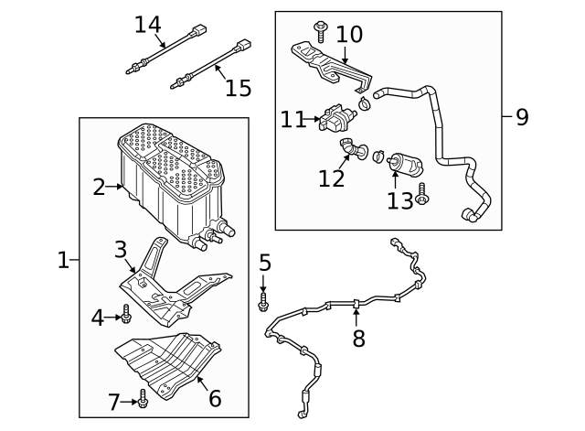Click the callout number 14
click(x=147, y=24)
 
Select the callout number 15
click(x=238, y=88)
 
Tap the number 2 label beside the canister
click(x=100, y=188)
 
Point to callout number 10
click(x=349, y=35)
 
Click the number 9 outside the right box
click(x=522, y=117)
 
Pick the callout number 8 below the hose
click(x=358, y=339)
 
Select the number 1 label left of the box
click(x=62, y=260)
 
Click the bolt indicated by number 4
click(x=126, y=317)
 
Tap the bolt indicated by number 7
click(x=143, y=398)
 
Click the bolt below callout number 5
click(x=263, y=300)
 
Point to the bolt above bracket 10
click(x=320, y=30)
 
